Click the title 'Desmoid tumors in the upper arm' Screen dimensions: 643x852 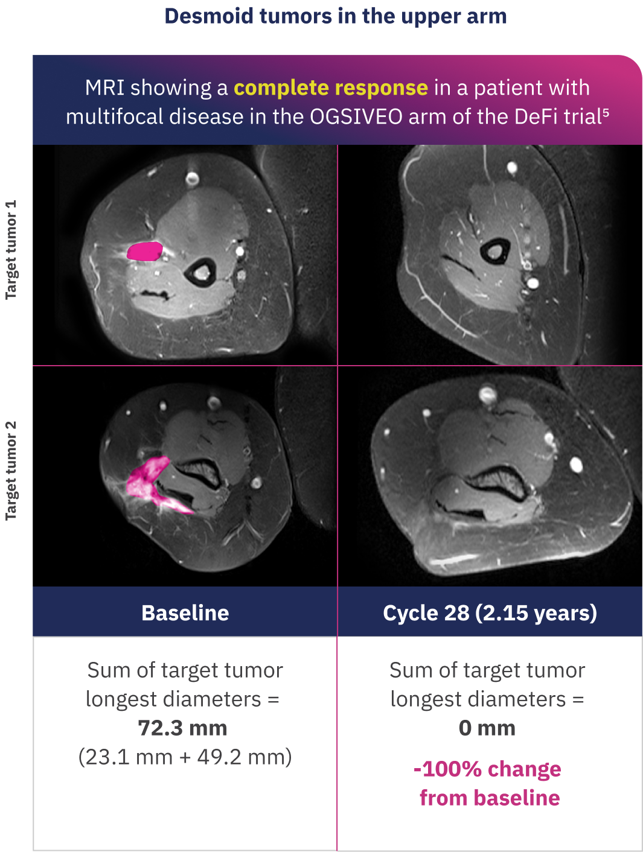[336, 16]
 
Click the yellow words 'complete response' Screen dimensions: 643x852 [331, 87]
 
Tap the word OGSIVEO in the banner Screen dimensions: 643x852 [356, 116]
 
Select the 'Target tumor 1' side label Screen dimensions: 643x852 [11, 250]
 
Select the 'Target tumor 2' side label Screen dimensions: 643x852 [11, 470]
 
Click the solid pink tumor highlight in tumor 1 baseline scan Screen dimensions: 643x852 [144, 251]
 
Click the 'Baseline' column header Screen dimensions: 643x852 [185, 613]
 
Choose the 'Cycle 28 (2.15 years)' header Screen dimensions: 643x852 [490, 613]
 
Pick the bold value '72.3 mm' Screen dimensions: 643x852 [182, 728]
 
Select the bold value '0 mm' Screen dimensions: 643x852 [487, 728]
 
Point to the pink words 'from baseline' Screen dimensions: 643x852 [490, 798]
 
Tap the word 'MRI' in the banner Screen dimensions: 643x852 [104, 87]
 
